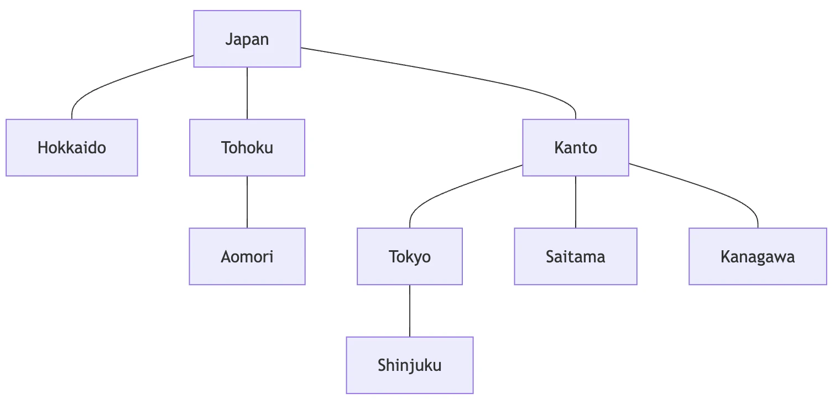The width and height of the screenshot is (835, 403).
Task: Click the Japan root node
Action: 247,39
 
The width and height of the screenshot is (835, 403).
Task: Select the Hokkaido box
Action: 72,148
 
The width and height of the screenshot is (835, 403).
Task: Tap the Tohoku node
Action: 247,148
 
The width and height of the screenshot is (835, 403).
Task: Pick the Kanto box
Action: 576,148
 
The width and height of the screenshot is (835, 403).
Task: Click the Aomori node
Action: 247,256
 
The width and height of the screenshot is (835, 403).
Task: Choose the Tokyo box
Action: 410,256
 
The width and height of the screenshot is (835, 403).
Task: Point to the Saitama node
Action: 576,256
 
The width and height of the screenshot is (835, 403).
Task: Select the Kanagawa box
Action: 758,256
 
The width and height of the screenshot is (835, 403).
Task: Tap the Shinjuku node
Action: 410,365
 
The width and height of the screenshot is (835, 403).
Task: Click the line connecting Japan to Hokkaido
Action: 112,82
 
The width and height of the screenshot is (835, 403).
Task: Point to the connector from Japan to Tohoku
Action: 247,94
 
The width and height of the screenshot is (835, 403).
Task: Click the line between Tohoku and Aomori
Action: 247,202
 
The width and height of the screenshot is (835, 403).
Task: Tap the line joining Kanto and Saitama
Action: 576,202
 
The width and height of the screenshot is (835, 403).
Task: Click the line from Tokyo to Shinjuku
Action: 410,311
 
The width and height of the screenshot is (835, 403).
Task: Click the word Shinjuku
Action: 410,365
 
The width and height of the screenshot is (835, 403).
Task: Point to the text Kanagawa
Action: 758,257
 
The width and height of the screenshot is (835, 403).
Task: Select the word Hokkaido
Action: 72,148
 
